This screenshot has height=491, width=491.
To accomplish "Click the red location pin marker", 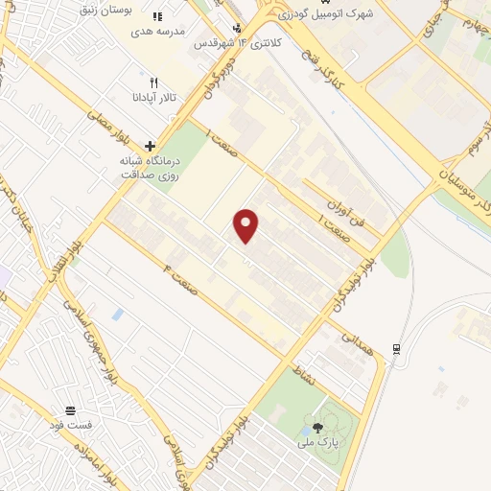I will [x=246, y=225].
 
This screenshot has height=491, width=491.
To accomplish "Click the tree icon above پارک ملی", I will [x=317, y=427].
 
